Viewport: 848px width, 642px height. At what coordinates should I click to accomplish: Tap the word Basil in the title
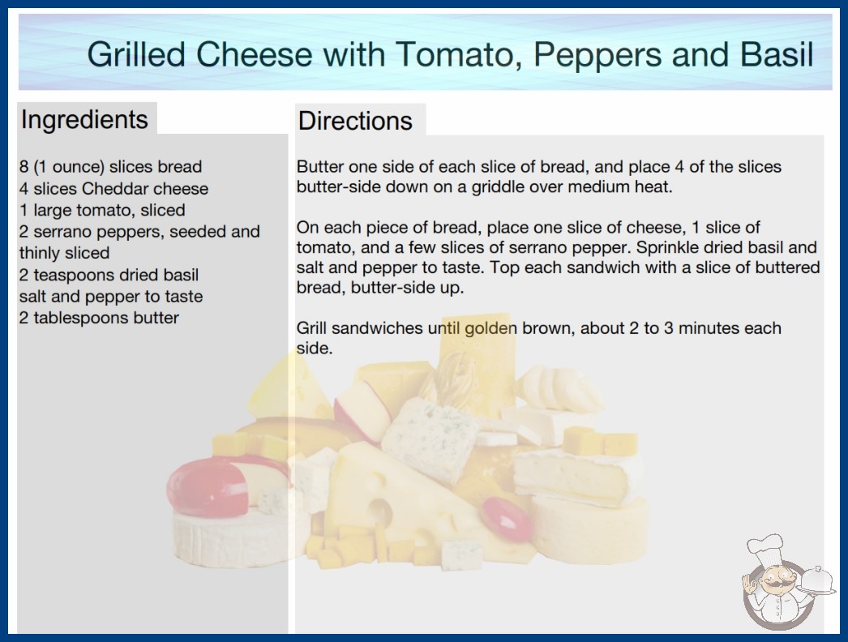coord(777,54)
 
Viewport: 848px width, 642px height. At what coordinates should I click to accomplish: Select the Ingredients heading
coord(84,120)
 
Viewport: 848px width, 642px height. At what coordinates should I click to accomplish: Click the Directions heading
coord(355,121)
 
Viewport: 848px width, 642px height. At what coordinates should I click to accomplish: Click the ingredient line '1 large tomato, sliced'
coord(102,210)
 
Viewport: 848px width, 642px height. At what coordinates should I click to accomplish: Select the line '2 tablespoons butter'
coord(99,318)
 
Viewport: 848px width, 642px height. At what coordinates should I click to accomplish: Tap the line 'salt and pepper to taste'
coord(111,297)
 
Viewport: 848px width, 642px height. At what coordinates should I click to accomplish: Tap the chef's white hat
coord(766,548)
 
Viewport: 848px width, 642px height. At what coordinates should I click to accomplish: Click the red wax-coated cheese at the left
coord(208,488)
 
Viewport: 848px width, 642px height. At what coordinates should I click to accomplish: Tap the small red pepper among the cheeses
coord(507,519)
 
